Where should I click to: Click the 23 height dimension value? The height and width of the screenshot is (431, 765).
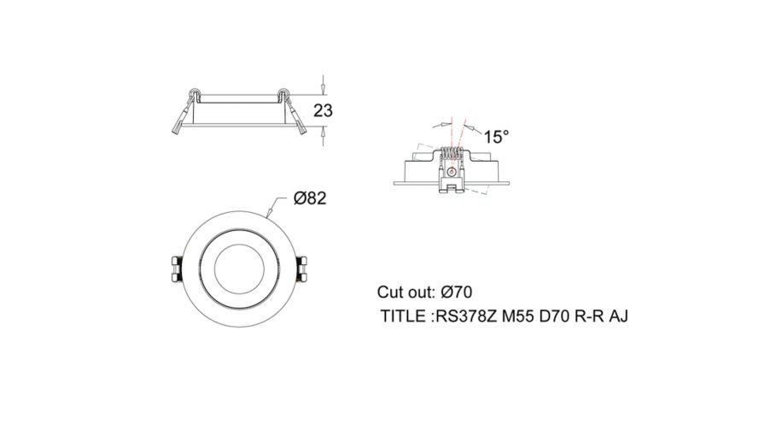click(323, 111)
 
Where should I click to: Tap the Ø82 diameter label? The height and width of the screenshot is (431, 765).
click(310, 198)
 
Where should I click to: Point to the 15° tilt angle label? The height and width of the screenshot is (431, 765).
click(496, 137)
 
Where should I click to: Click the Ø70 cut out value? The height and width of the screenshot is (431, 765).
click(456, 292)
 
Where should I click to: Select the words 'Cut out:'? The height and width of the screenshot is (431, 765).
click(406, 292)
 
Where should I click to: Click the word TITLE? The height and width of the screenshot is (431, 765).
click(403, 316)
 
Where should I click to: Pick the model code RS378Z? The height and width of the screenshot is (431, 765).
click(465, 316)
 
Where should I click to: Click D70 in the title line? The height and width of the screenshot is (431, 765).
click(554, 316)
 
